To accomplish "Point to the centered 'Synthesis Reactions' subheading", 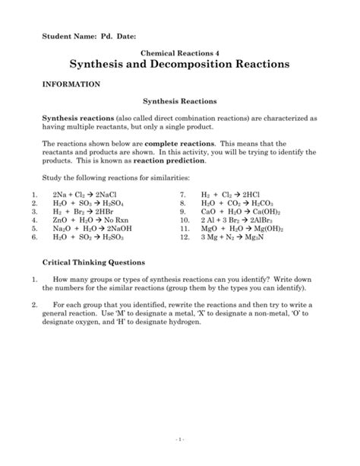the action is pos(180,100).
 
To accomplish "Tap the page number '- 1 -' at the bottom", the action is pos(180,440).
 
